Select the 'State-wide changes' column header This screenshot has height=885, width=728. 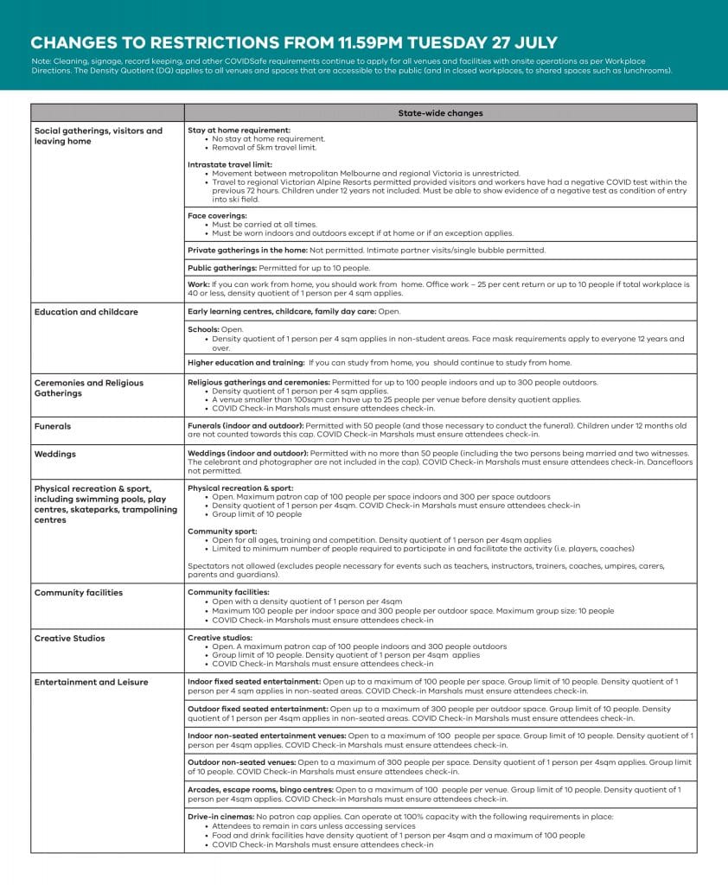[x=440, y=113]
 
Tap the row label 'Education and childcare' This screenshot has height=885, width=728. [x=86, y=311]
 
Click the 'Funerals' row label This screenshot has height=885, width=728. [x=53, y=426]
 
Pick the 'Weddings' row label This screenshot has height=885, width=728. [x=55, y=454]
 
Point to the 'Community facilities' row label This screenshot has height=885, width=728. [x=79, y=593]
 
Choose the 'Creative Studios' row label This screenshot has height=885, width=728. [x=70, y=639]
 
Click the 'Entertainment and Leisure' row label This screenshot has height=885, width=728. [x=91, y=683]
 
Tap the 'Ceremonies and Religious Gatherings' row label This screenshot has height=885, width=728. [x=89, y=387]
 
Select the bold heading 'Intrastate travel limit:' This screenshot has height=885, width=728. [x=230, y=164]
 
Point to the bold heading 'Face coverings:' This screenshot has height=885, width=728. [x=217, y=215]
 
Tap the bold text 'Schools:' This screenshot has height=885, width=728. [x=204, y=329]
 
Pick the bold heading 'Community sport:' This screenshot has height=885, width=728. [x=222, y=531]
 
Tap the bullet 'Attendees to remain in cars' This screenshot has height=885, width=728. [x=276, y=826]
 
